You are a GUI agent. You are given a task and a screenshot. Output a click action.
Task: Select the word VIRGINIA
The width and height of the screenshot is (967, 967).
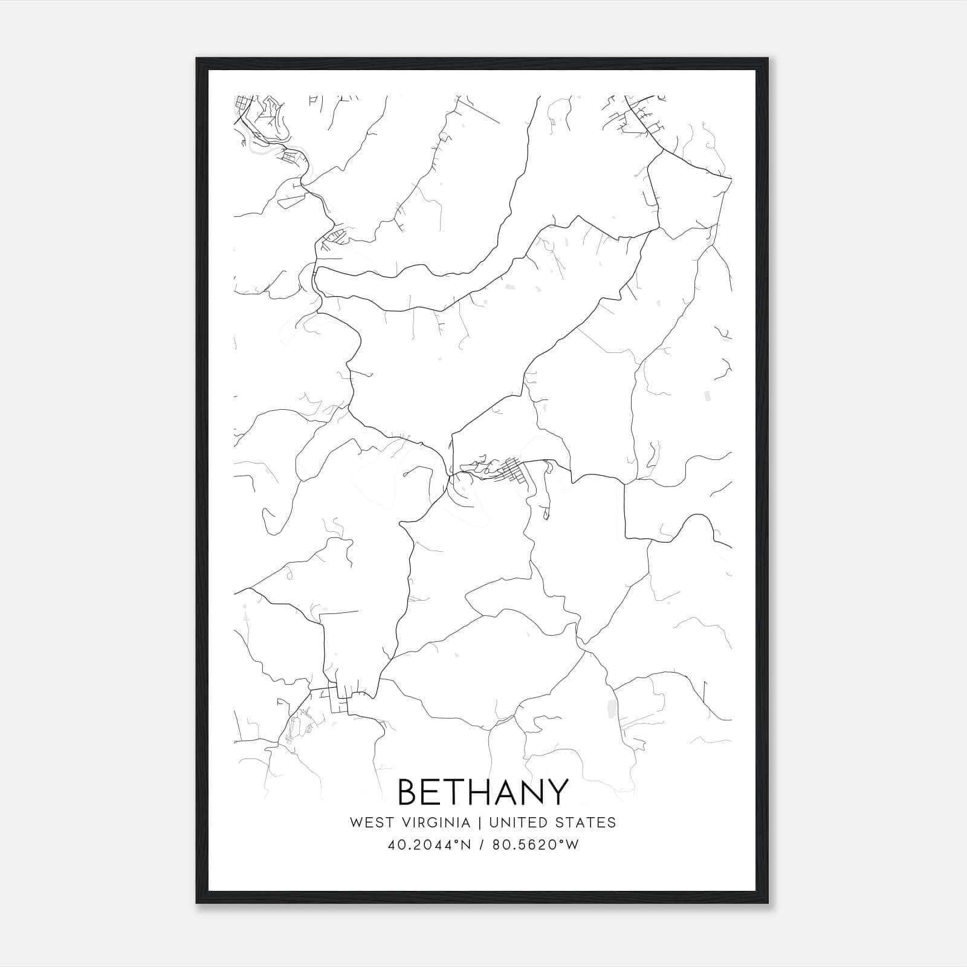tap(436, 823)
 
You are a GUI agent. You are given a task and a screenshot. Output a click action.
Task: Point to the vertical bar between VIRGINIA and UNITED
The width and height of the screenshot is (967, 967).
tap(480, 823)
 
